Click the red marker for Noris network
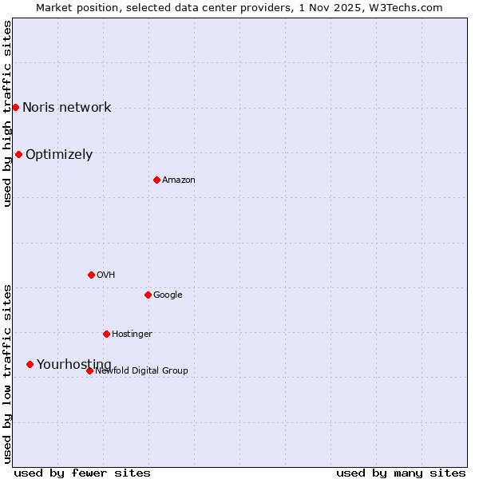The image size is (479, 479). [15, 107]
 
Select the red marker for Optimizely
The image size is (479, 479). [18, 154]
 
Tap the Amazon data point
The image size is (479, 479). [156, 180]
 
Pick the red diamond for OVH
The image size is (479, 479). [91, 275]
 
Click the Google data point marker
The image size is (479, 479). [148, 295]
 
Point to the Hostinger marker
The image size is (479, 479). [106, 334]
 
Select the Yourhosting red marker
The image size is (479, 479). [30, 364]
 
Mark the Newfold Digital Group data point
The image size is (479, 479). [89, 370]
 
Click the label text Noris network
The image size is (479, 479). [67, 108]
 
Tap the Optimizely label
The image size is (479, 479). [59, 155]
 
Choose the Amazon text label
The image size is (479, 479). [179, 180]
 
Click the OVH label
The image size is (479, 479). [106, 275]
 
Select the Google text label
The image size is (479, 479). [168, 295]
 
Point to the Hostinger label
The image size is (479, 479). [132, 335]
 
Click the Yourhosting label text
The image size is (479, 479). [74, 365]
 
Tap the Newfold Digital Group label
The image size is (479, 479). [142, 371]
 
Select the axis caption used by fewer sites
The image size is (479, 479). [82, 473]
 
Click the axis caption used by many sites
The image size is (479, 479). [401, 473]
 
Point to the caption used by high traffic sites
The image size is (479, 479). [8, 113]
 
